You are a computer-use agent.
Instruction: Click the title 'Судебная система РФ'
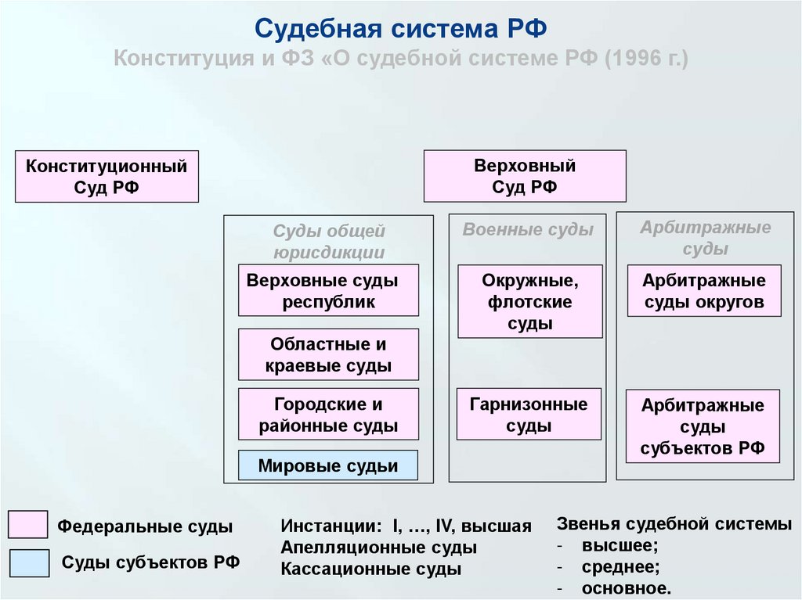click(400, 29)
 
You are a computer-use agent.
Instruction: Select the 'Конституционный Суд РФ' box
click(107, 177)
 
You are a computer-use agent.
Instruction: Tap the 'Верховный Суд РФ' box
click(525, 176)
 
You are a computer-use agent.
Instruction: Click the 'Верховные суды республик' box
click(328, 290)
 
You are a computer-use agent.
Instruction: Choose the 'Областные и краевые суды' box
click(328, 354)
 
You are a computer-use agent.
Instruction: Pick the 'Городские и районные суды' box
click(328, 415)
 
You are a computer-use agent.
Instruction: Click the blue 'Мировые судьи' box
click(328, 465)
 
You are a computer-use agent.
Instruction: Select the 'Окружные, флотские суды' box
click(530, 301)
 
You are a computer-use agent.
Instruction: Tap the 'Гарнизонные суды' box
click(529, 415)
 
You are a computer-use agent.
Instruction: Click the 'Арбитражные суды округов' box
click(704, 291)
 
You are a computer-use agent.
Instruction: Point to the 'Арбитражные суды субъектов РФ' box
click(703, 427)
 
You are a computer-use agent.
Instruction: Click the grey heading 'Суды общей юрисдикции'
click(329, 242)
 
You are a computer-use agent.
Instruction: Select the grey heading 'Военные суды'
click(528, 230)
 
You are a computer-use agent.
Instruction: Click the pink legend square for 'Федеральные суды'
click(28, 524)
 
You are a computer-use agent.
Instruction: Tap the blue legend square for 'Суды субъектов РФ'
click(28, 562)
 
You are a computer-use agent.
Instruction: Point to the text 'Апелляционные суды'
click(378, 548)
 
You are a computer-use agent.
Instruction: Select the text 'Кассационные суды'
click(370, 569)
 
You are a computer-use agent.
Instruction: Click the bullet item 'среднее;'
click(620, 566)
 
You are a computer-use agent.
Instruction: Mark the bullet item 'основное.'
click(626, 587)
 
